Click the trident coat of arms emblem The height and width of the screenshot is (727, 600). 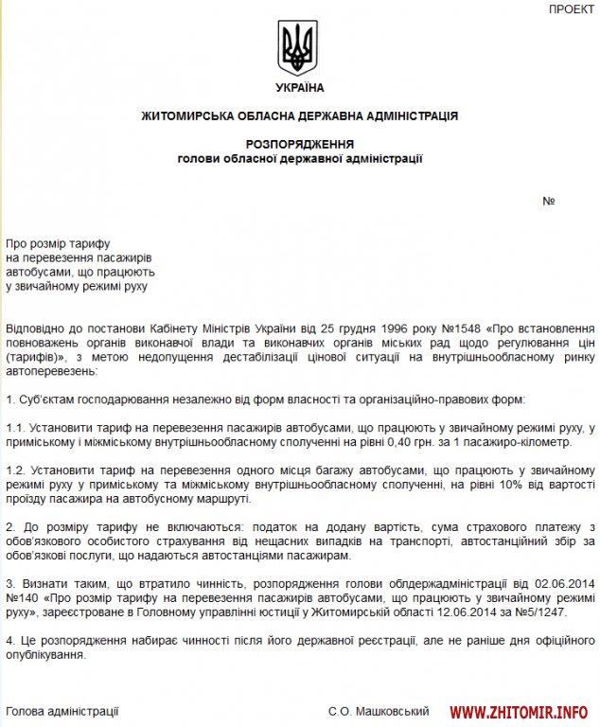299,50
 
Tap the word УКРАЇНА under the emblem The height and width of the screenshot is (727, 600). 299,88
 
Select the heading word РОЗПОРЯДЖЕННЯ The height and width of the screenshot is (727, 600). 299,144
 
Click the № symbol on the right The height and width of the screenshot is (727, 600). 548,202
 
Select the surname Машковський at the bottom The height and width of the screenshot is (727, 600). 397,710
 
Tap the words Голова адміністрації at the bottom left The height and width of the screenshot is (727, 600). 62,710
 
